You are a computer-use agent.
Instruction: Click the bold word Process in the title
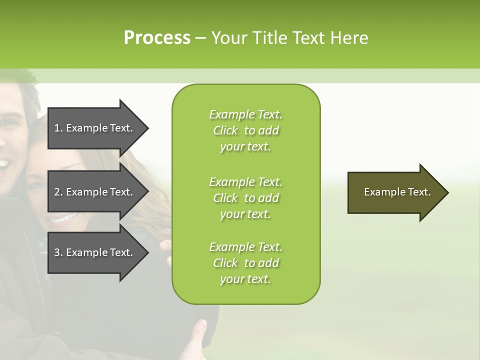click(x=157, y=38)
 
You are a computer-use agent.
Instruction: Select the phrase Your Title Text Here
click(x=290, y=38)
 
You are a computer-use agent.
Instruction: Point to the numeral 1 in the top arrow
click(x=56, y=128)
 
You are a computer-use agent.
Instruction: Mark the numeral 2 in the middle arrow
click(x=57, y=192)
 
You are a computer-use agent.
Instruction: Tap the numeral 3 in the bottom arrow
click(x=57, y=252)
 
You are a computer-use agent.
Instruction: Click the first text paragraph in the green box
click(x=245, y=130)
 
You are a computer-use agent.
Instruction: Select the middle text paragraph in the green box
click(x=245, y=198)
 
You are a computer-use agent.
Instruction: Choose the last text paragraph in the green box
click(x=245, y=263)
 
